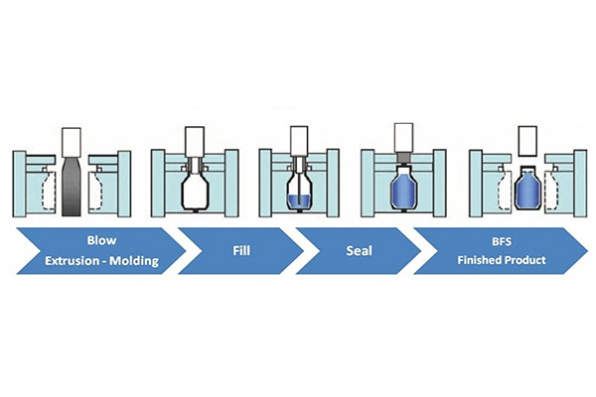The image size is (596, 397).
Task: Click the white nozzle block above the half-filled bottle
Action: click(297, 138)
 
